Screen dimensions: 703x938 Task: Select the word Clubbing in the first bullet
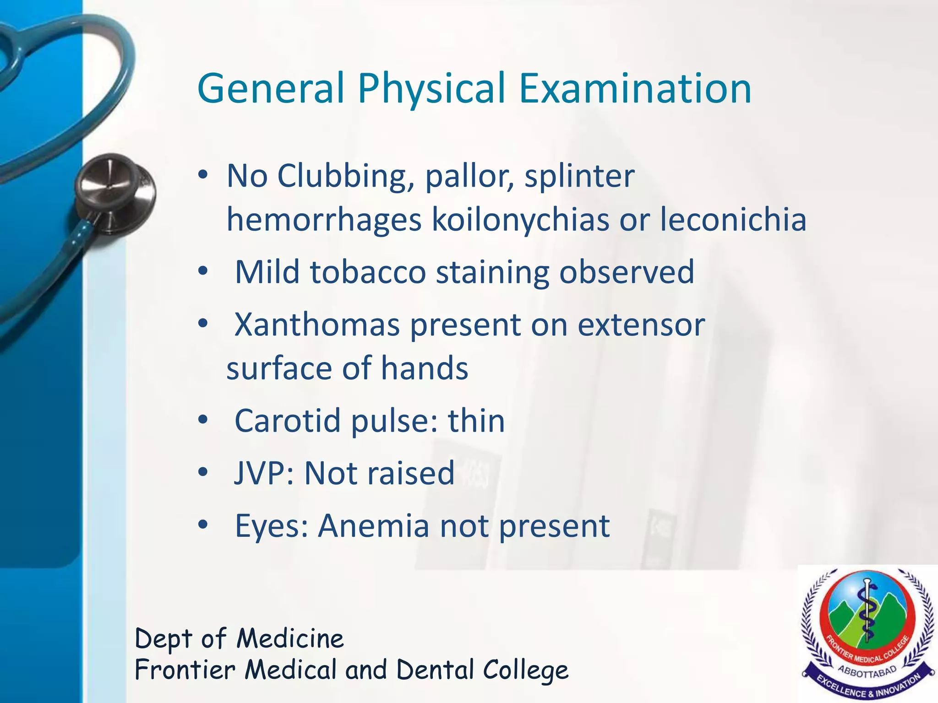[342, 177]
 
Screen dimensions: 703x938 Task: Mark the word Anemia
[374, 526]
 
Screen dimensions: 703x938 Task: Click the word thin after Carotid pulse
[476, 421]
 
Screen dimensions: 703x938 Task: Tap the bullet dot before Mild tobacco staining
[203, 272]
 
